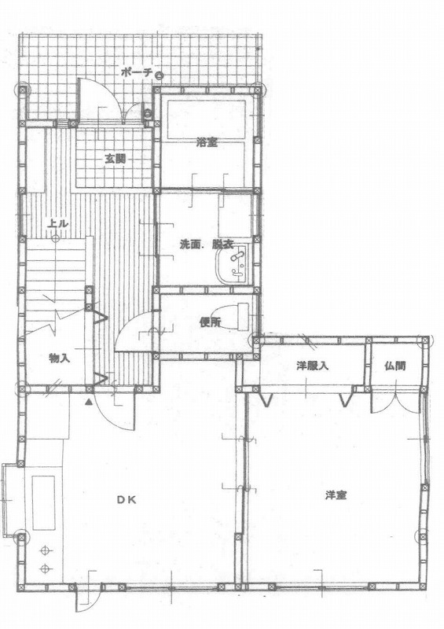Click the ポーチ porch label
(137, 72)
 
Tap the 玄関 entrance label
(116, 159)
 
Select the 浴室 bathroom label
(207, 142)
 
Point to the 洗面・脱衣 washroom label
(207, 245)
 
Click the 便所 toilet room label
(210, 322)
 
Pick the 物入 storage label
(60, 358)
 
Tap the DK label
(127, 500)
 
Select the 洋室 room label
(336, 495)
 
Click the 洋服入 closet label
(313, 366)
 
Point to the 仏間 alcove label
(394, 366)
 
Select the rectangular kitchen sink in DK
(44, 503)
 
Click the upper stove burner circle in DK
(45, 551)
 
